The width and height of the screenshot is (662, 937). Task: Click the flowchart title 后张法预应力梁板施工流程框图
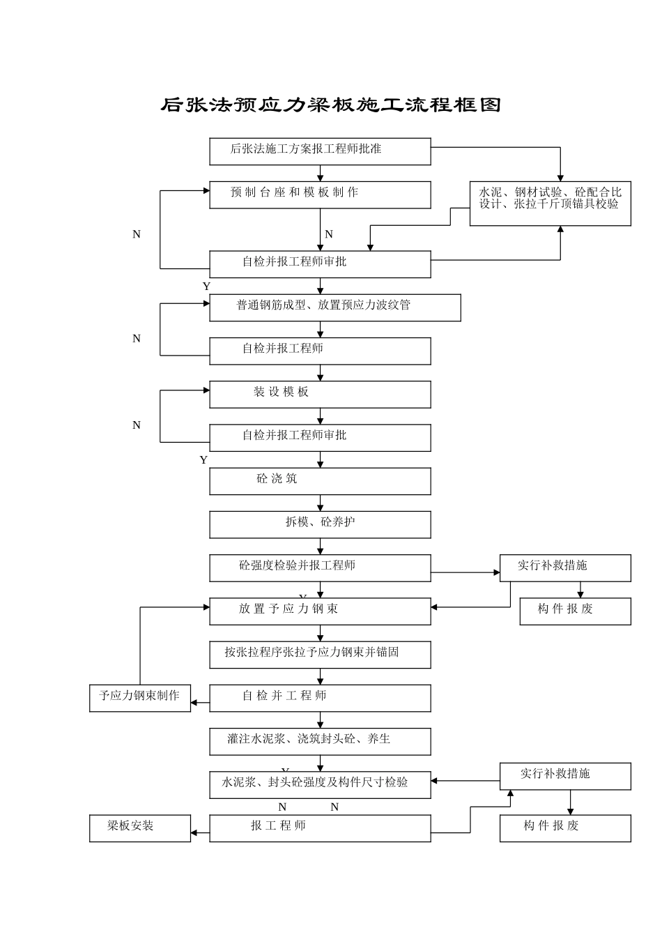[x=331, y=105]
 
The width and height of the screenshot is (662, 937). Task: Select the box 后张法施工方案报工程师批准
[x=320, y=151]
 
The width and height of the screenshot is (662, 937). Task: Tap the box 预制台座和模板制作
[x=320, y=195]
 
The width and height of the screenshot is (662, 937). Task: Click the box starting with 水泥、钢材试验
[x=550, y=204]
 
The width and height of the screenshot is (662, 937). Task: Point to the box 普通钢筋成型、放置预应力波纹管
[x=334, y=307]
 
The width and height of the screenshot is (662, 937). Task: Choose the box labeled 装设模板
[x=320, y=395]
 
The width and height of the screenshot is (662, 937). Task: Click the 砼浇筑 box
[x=320, y=481]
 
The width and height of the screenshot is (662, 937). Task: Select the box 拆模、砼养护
[x=320, y=524]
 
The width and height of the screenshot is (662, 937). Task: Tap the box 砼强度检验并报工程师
[x=320, y=567]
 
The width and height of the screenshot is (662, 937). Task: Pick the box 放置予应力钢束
[x=320, y=611]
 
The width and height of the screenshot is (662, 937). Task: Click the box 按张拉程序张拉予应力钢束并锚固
[x=320, y=655]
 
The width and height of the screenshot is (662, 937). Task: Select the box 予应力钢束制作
[x=139, y=698]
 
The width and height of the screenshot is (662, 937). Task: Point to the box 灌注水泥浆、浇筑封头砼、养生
[x=320, y=741]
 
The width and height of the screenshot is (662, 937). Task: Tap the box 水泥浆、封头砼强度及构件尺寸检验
[x=320, y=784]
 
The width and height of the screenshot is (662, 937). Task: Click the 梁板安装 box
[x=139, y=828]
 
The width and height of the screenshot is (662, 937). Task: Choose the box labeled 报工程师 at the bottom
[x=320, y=828]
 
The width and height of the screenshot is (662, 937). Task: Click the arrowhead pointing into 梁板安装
[x=194, y=832]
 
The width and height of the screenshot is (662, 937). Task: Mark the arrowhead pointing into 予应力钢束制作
[x=194, y=703]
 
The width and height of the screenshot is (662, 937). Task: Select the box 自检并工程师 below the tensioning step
[x=320, y=698]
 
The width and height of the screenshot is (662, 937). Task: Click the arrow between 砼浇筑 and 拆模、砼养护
[x=321, y=503]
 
